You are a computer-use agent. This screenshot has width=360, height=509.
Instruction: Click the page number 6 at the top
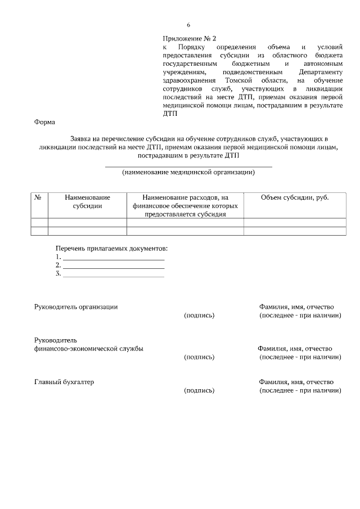[188, 25]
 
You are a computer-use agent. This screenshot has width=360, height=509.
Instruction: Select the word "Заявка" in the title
[82, 138]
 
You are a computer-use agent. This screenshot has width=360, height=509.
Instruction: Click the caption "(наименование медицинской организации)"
[188, 173]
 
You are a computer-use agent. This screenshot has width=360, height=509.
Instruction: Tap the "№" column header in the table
[39, 198]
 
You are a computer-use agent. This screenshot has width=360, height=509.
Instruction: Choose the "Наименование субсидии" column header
[87, 202]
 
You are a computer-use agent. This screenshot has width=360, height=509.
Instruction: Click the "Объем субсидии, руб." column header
[295, 198]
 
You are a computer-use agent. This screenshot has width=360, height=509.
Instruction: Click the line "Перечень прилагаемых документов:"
[111, 248]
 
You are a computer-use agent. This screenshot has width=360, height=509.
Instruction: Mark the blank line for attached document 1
[113, 258]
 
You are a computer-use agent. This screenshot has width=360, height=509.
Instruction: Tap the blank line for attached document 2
[113, 266]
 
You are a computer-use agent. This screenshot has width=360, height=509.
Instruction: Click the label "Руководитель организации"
[76, 307]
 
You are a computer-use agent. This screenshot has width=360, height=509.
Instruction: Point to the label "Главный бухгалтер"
[64, 382]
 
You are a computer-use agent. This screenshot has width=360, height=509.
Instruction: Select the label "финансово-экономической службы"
[89, 349]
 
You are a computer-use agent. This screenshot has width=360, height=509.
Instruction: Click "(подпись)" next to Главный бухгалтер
[199, 390]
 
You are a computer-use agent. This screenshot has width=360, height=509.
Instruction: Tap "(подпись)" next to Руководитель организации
[199, 316]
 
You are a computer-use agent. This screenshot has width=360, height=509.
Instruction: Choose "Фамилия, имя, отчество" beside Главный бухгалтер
[296, 382]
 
